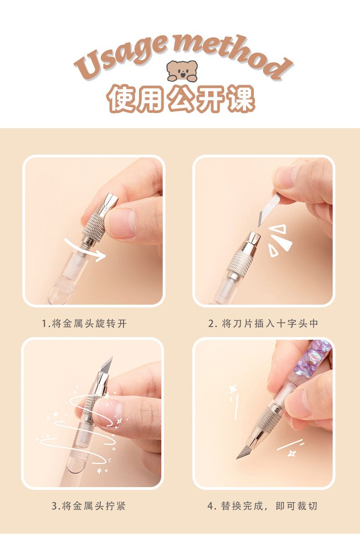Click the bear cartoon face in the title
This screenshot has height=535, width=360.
[182, 71]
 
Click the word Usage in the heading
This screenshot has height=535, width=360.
[121, 56]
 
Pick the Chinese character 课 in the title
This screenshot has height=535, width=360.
[241, 98]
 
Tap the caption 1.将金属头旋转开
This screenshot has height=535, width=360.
[84, 323]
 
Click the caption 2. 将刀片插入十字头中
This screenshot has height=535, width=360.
[263, 323]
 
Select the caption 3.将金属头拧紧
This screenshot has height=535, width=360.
[89, 506]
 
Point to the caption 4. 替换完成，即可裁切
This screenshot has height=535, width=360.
[262, 506]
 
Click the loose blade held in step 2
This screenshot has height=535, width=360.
[269, 209]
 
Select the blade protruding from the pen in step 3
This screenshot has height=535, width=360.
[107, 365]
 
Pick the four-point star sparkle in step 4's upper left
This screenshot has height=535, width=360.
[233, 389]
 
